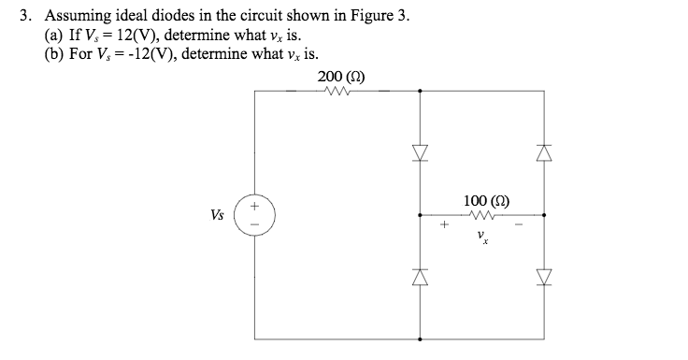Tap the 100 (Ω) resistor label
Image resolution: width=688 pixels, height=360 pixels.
(x=485, y=201)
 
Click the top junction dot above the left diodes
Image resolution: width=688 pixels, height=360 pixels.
(x=419, y=91)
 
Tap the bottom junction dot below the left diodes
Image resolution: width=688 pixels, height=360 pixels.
(x=419, y=338)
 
